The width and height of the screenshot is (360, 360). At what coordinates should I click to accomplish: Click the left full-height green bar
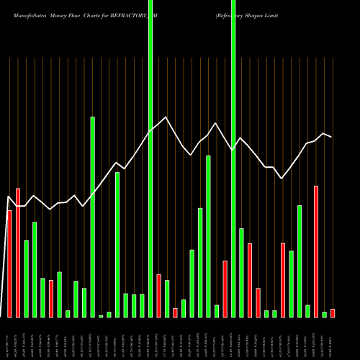[150, 158]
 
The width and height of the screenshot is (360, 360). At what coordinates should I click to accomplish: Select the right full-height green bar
[233, 158]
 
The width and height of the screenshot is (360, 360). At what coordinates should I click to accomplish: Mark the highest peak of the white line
[166, 117]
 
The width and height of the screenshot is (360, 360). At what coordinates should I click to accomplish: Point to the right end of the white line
[332, 137]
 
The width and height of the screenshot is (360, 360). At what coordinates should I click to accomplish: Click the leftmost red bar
[9, 264]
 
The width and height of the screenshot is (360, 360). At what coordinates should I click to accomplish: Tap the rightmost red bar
[333, 313]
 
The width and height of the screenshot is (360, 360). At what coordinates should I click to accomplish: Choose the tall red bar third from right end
[315, 251]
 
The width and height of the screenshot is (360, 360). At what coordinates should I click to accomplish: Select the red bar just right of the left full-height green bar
[158, 295]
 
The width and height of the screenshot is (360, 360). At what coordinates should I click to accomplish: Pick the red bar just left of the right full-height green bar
[225, 289]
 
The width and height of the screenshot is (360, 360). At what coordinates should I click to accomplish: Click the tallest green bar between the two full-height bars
[208, 236]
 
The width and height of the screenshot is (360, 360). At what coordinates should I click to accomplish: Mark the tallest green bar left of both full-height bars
[92, 216]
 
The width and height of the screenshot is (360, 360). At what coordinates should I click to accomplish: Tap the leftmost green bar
[26, 279]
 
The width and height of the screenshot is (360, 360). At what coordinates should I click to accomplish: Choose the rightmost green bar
[324, 314]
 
